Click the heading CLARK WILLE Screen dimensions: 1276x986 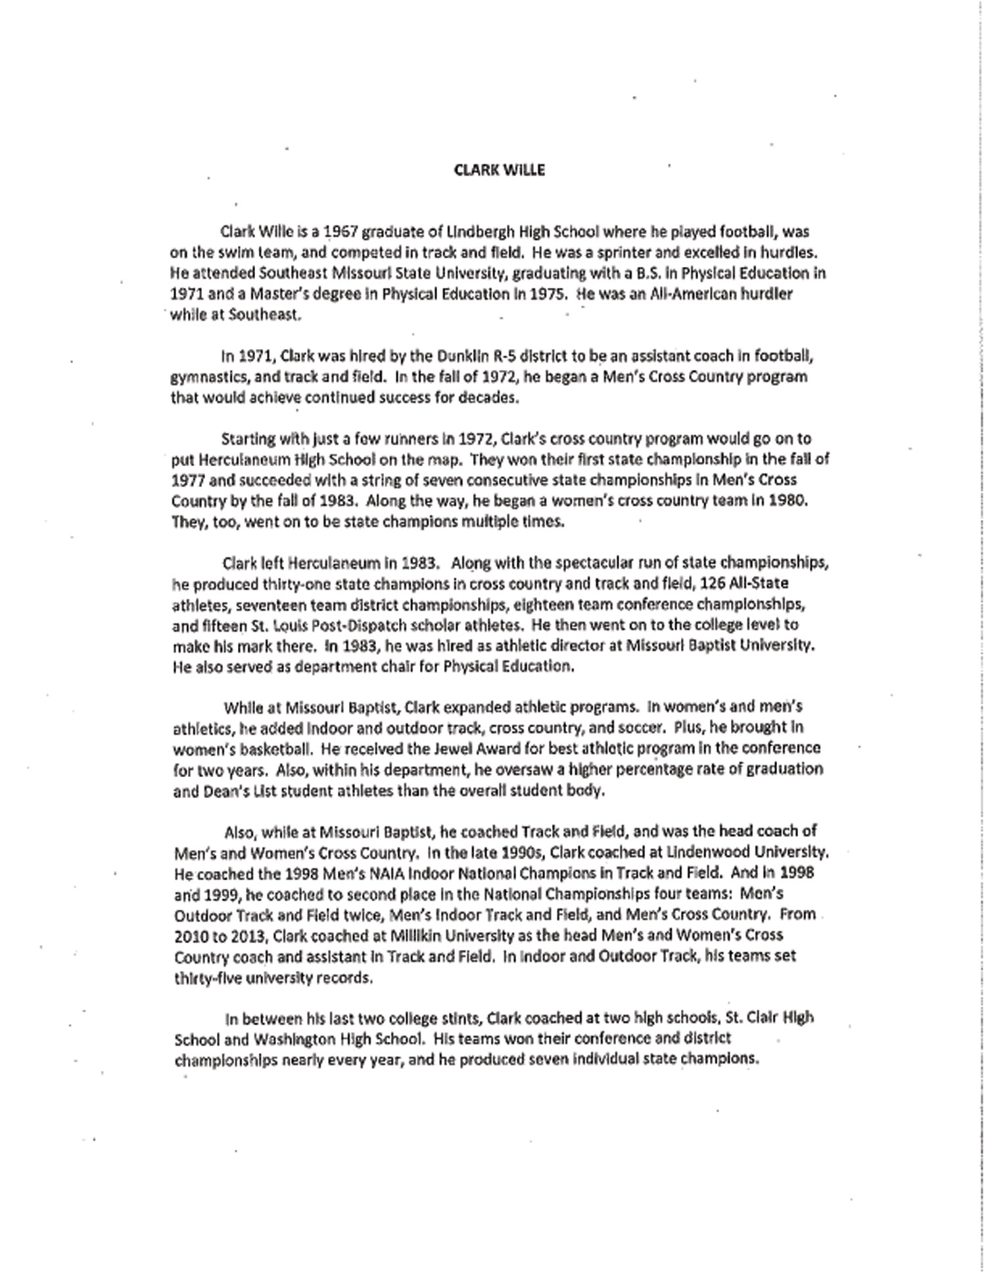(499, 170)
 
